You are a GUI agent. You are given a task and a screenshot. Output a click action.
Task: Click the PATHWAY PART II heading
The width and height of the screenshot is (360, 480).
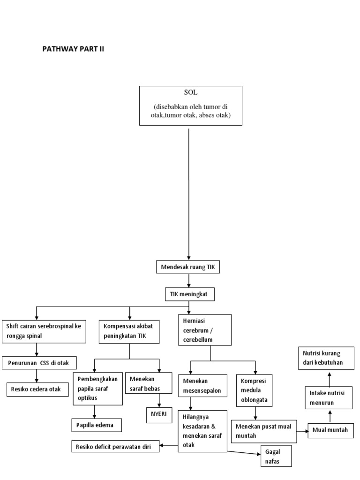pos(73,49)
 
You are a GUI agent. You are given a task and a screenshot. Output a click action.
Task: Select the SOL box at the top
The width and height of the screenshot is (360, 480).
pos(191,105)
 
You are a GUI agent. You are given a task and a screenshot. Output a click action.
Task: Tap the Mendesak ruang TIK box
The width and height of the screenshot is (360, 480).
pos(187,268)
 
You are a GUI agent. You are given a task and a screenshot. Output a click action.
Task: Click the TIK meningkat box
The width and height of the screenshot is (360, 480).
pos(188,294)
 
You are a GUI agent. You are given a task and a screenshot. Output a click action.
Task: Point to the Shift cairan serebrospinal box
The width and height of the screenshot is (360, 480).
pos(44,330)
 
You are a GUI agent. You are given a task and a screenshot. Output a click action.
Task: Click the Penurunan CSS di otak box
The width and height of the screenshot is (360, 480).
pos(40,362)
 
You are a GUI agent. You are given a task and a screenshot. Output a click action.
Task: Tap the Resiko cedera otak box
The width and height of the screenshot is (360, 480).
pos(37,389)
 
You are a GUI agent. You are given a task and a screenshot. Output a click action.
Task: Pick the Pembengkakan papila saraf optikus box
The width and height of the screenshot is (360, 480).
pos(98,388)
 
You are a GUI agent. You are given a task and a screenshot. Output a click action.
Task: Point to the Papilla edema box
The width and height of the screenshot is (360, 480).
pos(96,425)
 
